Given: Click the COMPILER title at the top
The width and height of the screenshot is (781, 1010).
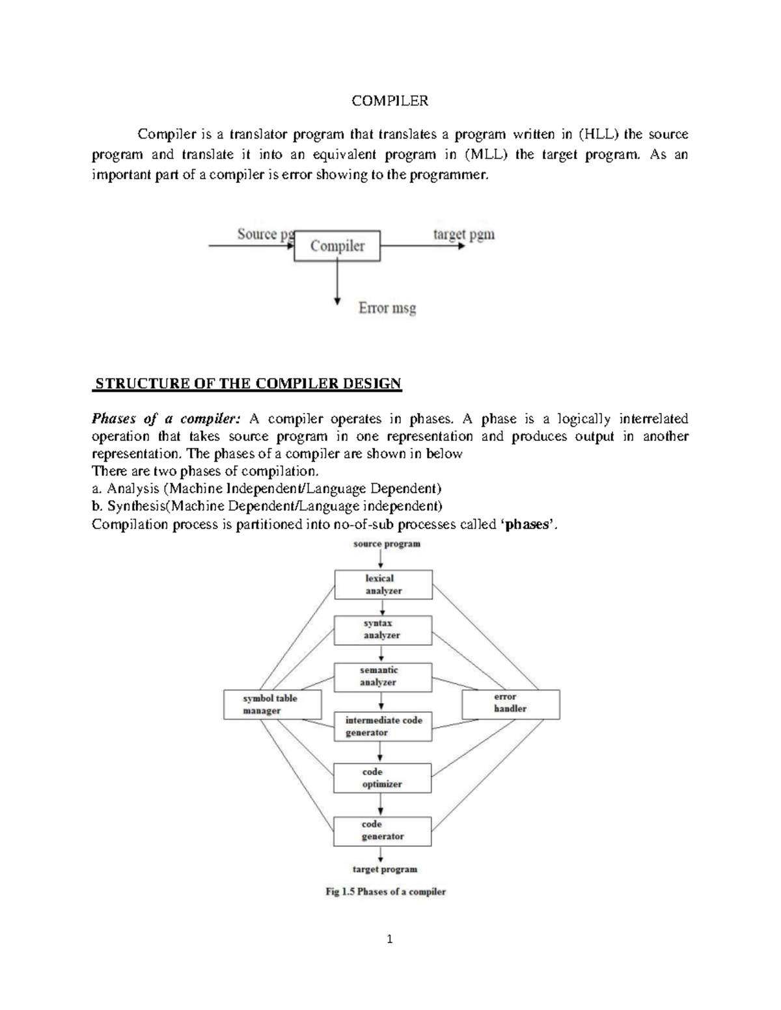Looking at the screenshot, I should tap(390, 101).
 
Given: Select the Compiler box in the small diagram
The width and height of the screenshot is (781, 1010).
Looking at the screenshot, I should tap(337, 246).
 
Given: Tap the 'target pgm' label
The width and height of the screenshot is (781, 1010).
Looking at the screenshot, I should tap(464, 234).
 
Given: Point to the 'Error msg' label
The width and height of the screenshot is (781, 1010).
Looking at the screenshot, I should tap(387, 308).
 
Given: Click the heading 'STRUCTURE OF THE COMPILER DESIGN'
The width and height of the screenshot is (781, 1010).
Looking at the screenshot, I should tap(248, 384).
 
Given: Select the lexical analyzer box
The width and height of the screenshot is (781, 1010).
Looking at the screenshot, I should tap(383, 585).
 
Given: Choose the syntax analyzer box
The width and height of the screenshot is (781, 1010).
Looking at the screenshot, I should tap(383, 630).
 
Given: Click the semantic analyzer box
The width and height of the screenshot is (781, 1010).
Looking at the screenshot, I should tap(383, 676).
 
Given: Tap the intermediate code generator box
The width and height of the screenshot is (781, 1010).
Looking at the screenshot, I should tap(383, 726).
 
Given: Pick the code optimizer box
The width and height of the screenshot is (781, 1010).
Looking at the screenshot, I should tap(383, 778).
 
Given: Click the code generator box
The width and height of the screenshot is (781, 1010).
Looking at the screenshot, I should tap(383, 831).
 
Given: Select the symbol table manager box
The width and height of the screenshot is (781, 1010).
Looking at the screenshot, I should tap(273, 704).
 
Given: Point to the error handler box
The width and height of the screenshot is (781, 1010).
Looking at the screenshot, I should tap(510, 704).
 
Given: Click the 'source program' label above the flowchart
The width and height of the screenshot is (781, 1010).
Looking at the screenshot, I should tap(387, 544).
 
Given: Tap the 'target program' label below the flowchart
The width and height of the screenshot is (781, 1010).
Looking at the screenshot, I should tap(385, 869).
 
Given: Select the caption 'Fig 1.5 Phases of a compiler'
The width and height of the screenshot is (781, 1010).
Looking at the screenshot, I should tap(385, 892).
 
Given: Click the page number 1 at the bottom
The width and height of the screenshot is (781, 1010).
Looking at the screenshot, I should tap(390, 938).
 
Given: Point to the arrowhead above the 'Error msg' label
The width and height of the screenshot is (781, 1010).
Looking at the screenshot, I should tap(337, 300).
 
